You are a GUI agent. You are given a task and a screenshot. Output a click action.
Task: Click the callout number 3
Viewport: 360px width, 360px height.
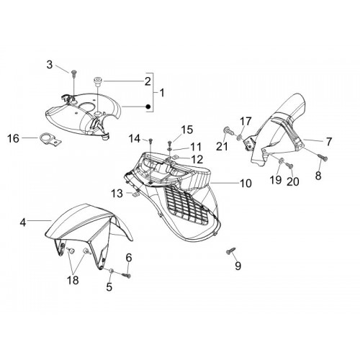click(x=50, y=65)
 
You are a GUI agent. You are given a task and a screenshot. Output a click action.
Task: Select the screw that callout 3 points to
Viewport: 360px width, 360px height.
click(x=73, y=73)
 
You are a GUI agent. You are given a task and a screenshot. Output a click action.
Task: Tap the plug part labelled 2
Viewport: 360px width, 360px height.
click(x=98, y=81)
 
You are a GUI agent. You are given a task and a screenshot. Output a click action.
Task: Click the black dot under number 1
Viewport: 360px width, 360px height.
click(x=148, y=107)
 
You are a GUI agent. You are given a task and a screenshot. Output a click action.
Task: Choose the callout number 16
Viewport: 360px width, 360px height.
click(x=13, y=138)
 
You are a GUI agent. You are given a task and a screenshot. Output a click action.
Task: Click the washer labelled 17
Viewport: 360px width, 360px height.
click(x=239, y=138)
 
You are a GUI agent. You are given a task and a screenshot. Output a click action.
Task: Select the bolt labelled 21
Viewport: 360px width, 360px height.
click(x=229, y=131)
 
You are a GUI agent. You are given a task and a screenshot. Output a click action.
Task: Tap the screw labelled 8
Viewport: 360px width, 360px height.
click(x=323, y=158)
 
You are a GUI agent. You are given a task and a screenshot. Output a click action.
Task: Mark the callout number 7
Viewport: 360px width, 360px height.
click(x=328, y=142)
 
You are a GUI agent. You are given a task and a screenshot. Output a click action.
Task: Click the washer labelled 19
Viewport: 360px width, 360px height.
click(x=282, y=161)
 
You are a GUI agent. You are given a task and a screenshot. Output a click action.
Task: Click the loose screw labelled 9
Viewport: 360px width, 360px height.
click(x=231, y=251)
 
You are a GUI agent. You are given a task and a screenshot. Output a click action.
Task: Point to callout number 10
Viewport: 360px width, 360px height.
click(x=246, y=184)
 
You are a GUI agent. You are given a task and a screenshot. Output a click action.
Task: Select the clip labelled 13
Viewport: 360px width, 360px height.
click(x=136, y=194)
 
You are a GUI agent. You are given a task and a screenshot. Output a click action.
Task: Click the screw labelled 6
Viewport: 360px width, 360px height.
click(x=126, y=276)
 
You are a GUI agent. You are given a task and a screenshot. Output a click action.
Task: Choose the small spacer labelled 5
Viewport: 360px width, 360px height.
click(x=111, y=271)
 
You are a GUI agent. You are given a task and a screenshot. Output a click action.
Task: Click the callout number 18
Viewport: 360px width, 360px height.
click(x=73, y=280)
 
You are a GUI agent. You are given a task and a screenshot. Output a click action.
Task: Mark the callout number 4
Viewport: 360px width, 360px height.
click(x=23, y=222)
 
